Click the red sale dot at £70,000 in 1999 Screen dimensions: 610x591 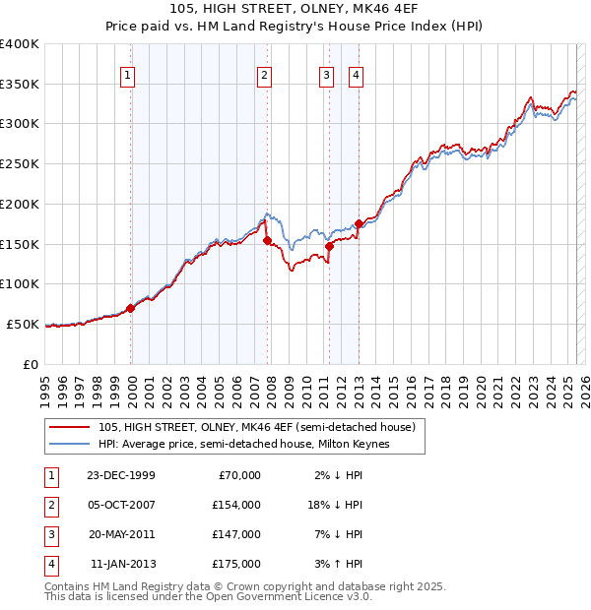click(x=131, y=308)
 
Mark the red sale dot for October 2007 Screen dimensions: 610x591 click(x=267, y=240)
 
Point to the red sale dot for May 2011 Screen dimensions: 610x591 click(x=330, y=246)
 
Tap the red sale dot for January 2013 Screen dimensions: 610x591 click(x=359, y=223)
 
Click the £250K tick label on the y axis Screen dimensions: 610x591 click(x=20, y=163)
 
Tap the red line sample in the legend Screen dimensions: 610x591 click(x=69, y=427)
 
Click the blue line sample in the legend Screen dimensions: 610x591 click(x=69, y=444)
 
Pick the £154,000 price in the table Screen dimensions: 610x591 click(x=236, y=505)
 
